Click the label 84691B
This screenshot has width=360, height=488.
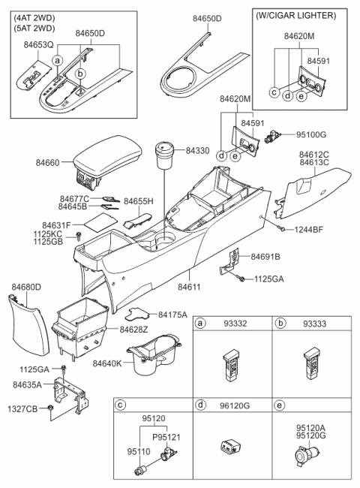pyautogui.click(x=266, y=256)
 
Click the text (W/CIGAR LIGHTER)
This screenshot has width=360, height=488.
pyautogui.click(x=295, y=15)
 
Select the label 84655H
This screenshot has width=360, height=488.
pyautogui.click(x=139, y=203)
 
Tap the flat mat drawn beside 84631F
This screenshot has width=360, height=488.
pyautogui.click(x=98, y=223)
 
